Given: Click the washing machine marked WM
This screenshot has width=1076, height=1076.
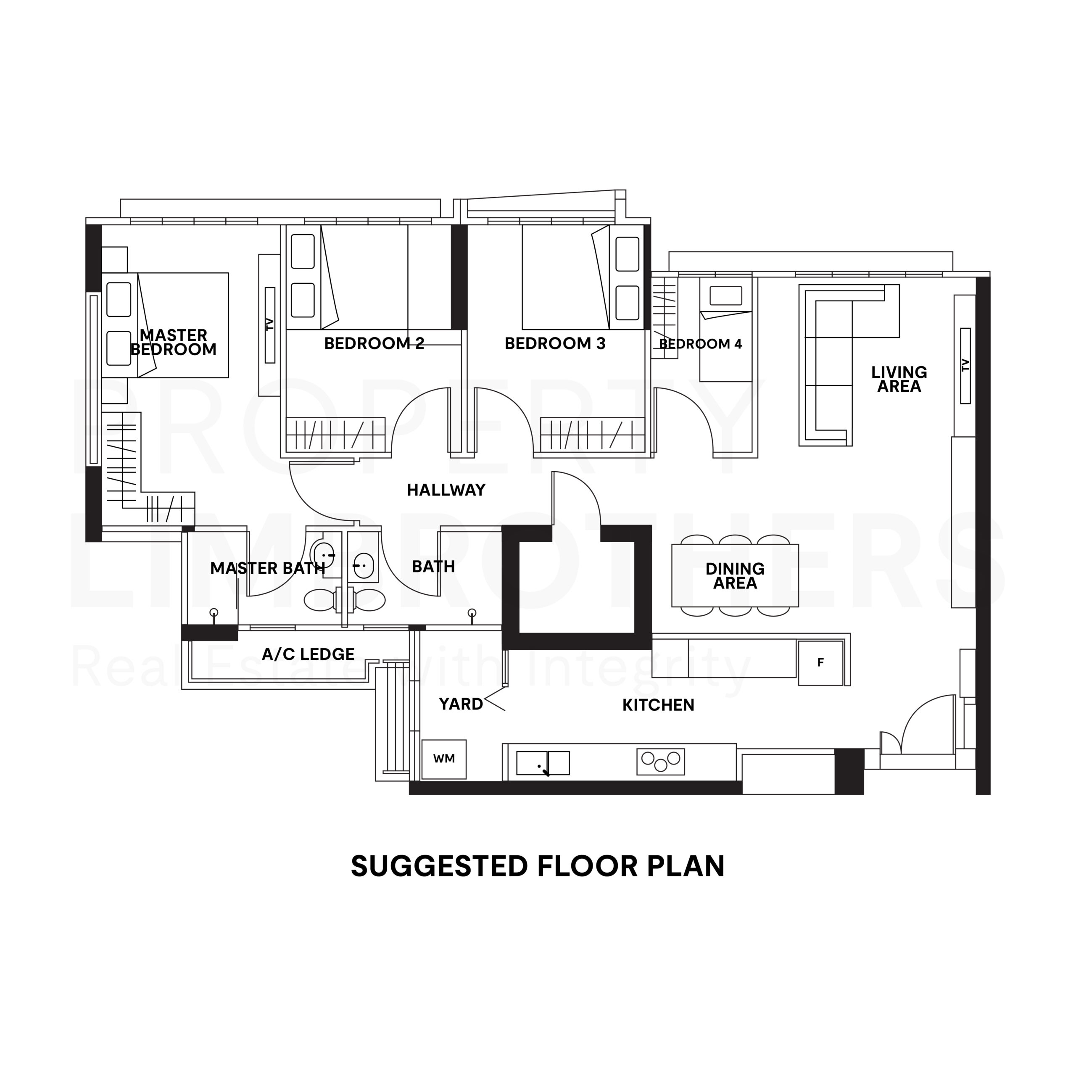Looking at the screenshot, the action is [444, 759].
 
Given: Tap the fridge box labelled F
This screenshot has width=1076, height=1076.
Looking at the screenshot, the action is [820, 663].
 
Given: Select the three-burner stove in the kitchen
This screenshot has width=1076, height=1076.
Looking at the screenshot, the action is [661, 761].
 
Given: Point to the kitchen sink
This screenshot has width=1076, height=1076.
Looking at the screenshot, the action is [543, 763].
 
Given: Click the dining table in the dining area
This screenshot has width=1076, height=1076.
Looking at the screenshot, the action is [735, 575].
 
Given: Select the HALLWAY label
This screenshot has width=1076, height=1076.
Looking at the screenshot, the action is [446, 490].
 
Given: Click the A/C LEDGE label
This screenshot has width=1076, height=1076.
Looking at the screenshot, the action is [308, 654].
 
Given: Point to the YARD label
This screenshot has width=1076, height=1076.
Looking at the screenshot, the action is [461, 704].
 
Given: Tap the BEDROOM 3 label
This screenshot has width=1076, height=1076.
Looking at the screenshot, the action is [555, 344].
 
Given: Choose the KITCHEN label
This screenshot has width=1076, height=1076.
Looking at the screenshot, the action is [658, 705].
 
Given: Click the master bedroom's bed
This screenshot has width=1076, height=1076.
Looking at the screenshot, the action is [166, 325].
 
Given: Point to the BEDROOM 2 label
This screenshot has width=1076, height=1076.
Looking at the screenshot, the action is [374, 344].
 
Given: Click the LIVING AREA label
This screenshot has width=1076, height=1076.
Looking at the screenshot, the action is [899, 379].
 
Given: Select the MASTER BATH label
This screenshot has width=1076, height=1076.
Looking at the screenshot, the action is [267, 568].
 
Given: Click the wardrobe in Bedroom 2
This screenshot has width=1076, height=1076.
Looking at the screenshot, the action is [335, 435].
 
